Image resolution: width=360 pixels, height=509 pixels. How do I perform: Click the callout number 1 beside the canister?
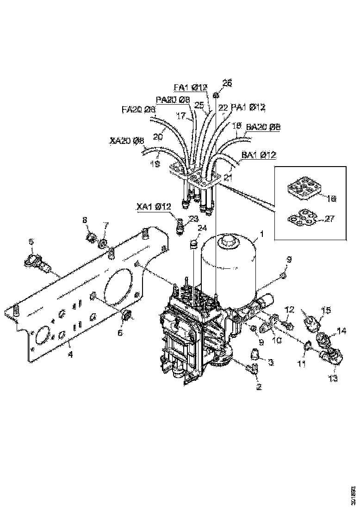(262, 235)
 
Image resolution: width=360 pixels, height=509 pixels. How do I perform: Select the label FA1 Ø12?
(190, 87)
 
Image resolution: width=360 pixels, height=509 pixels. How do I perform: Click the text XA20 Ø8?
(127, 140)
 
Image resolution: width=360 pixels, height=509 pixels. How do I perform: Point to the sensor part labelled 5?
(38, 261)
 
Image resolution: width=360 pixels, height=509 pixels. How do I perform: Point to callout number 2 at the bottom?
(259, 385)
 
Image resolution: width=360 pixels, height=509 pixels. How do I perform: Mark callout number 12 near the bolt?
(289, 309)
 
